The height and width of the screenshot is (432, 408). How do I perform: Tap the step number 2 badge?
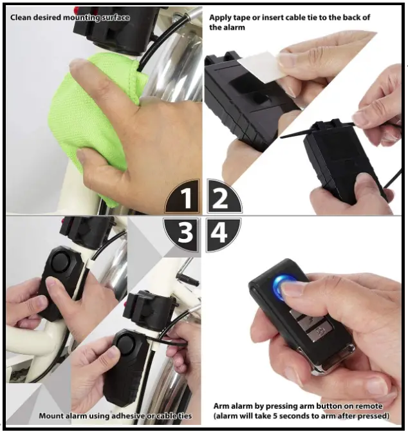(x=221, y=198)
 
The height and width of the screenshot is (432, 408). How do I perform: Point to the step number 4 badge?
(x=221, y=232)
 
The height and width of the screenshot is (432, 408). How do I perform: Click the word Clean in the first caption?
(x=23, y=17)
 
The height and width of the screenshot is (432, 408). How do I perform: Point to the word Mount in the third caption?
(x=51, y=416)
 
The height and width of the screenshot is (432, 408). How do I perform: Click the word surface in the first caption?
(x=113, y=17)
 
